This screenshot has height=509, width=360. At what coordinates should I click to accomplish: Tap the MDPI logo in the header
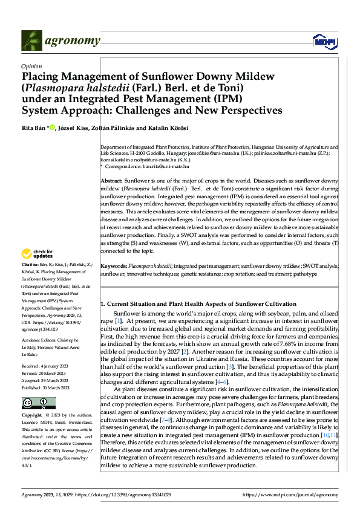(324, 41)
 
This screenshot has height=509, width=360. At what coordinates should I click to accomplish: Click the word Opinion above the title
(31, 67)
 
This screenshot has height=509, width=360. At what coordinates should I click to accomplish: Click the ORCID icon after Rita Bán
(53, 127)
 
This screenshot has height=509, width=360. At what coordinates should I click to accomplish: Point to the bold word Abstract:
(111, 181)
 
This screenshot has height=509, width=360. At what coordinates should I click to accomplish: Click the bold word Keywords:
(113, 266)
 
